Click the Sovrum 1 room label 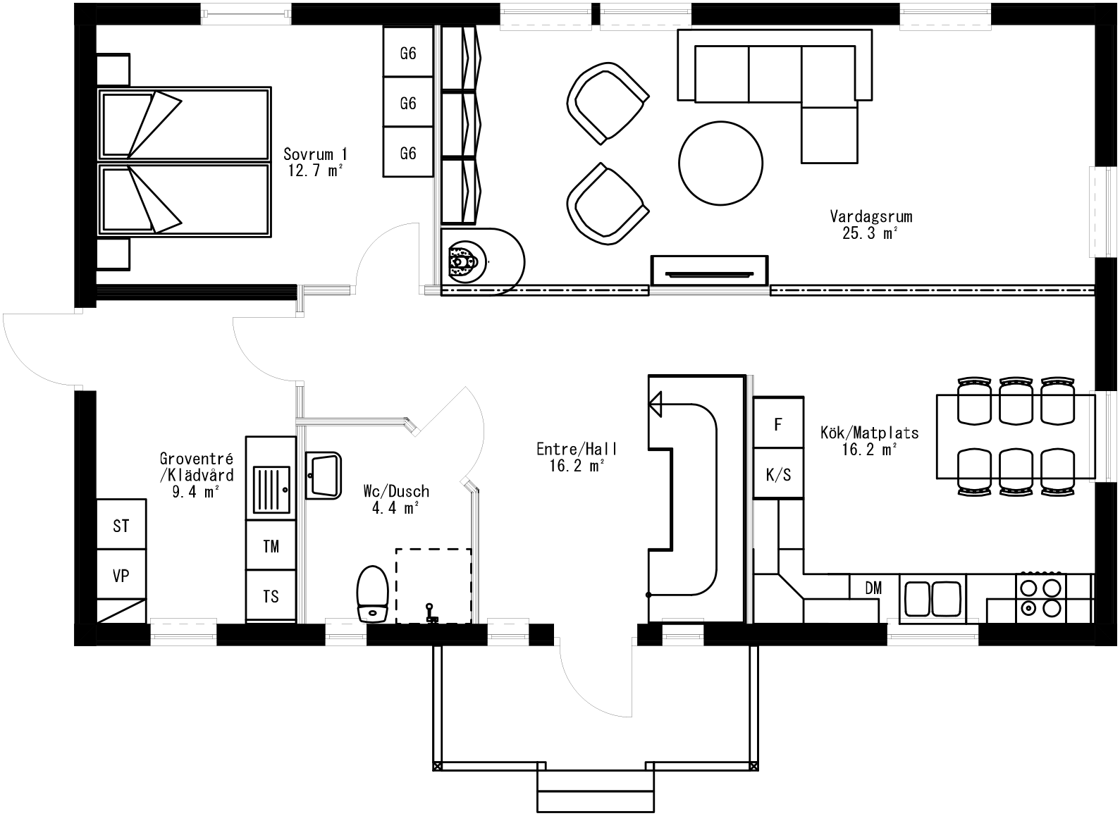coord(315,161)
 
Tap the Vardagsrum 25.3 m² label coord(870,225)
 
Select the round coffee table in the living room coord(720,163)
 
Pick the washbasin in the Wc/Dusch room coord(324,476)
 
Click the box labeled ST coord(121,526)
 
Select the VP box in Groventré coord(121,576)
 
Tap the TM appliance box coord(271,546)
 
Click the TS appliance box coord(271,597)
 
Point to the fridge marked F coord(778,424)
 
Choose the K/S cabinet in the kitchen coord(778,474)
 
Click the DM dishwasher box coord(873,588)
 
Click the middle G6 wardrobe coord(407,103)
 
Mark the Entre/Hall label coord(577,457)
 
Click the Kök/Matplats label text coord(870,440)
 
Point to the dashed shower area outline coord(433,585)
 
